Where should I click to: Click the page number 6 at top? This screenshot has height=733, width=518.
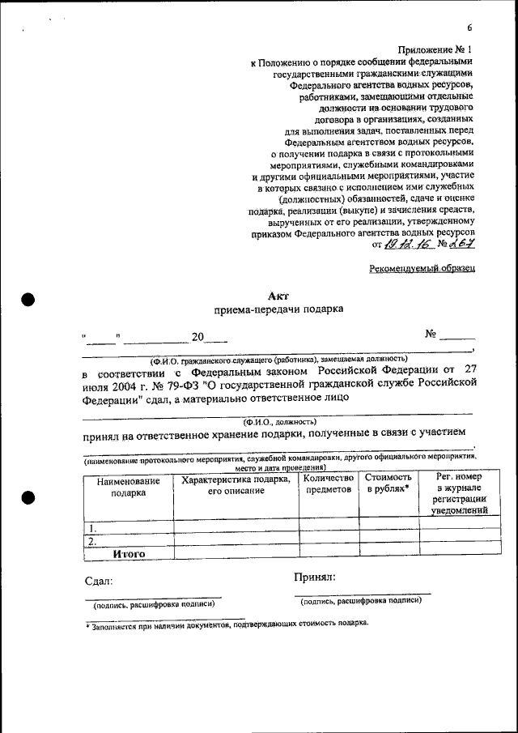point(469,28)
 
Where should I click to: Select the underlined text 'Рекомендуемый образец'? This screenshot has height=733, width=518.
point(422,266)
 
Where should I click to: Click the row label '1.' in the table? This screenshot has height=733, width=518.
point(93,528)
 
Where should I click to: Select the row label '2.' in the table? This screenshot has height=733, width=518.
point(93,541)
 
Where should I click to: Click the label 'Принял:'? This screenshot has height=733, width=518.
point(315,577)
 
